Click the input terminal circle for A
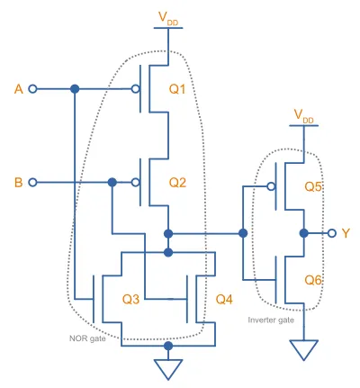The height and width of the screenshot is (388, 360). [x=32, y=89]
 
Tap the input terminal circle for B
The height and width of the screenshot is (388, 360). [x=32, y=182]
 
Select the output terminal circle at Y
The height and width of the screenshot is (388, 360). [x=331, y=233]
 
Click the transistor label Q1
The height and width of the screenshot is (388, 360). [x=177, y=89]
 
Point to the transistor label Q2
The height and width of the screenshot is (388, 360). [x=177, y=183]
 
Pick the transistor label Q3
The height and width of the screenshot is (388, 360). [x=130, y=299]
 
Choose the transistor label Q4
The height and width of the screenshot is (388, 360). [x=224, y=299]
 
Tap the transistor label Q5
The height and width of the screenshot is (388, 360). [x=313, y=186]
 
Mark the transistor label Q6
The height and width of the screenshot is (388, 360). [x=313, y=280]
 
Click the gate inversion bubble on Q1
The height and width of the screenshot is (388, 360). [x=136, y=89]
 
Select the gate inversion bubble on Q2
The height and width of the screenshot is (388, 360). [x=136, y=182]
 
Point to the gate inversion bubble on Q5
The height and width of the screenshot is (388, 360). [x=271, y=186]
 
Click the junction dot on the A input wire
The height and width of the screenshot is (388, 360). [x=75, y=89]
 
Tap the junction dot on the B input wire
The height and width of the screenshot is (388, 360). [x=112, y=182]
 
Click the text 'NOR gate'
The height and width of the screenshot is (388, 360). [x=87, y=338]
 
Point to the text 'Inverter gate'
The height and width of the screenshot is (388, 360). [x=271, y=320]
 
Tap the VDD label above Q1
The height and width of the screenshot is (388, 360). [x=168, y=18]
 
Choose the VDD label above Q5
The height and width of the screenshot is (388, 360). [x=303, y=116]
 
